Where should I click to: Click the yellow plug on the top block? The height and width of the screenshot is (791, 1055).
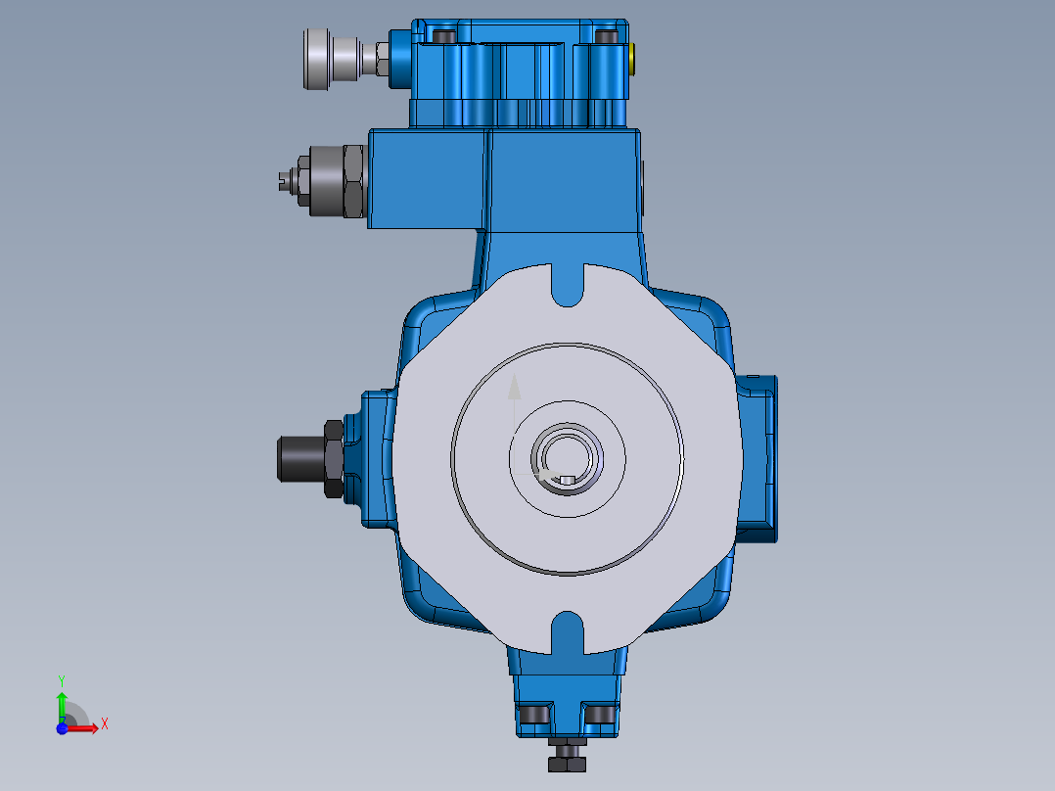coord(633,60)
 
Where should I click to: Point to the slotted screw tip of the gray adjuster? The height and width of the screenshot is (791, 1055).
coord(283,179)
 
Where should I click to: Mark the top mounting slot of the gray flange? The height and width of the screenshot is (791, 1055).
coord(568,284)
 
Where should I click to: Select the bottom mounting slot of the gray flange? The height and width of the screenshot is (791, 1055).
coord(568,631)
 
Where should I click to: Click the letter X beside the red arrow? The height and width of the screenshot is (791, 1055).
coord(104,724)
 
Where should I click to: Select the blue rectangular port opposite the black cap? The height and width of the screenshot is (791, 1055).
coord(758,457)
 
